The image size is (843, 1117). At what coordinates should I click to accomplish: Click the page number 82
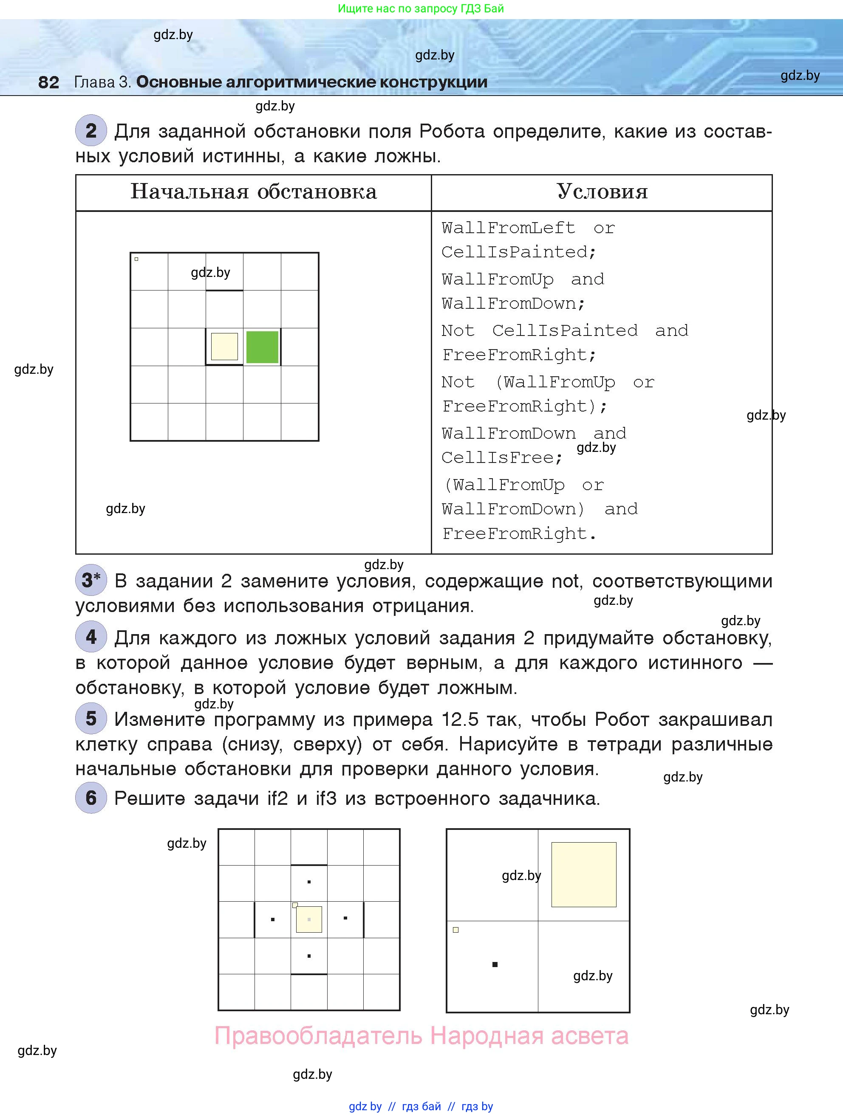tap(48, 82)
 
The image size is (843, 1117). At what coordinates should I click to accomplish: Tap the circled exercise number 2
tap(91, 131)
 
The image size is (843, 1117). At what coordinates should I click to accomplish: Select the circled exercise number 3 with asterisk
tap(91, 580)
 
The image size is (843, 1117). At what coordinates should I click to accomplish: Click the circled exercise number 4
tap(91, 637)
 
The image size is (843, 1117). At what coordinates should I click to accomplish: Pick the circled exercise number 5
tap(91, 718)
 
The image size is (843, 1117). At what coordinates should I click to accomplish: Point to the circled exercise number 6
tap(91, 798)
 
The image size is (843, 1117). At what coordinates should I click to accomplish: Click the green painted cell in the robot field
tap(262, 347)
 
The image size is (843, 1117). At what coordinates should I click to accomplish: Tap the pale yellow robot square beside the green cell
tap(224, 347)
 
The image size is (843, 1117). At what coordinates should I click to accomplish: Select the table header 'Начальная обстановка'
tap(254, 192)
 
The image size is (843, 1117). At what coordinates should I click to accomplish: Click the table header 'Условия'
tap(602, 192)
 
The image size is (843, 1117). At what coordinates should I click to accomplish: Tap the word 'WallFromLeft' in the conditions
tap(508, 228)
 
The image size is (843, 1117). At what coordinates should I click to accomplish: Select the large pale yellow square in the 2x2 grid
tap(583, 874)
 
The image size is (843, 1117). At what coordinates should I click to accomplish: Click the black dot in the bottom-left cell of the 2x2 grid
tap(495, 965)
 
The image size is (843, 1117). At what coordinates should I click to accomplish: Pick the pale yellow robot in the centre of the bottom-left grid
tap(308, 919)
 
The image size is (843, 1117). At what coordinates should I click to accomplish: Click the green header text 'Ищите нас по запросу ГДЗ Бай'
tap(421, 8)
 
